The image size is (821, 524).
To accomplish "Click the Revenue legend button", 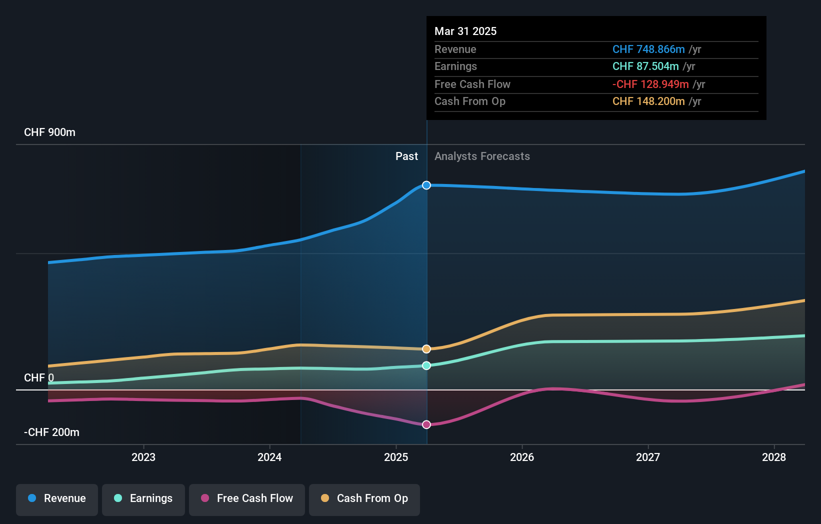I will (x=57, y=498).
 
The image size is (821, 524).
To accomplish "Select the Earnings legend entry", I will (x=143, y=498).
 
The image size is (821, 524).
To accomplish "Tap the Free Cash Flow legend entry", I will (x=247, y=498).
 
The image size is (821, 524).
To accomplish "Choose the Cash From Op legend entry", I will (x=364, y=498).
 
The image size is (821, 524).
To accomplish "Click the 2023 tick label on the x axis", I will (x=143, y=457).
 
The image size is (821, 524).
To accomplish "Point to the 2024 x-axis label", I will (x=269, y=457).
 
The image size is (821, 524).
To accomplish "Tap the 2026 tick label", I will (x=522, y=457).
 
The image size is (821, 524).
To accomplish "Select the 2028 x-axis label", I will (x=774, y=457).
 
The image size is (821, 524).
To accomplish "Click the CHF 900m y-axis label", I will (x=49, y=132).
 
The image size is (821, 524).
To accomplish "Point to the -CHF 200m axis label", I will (x=51, y=432).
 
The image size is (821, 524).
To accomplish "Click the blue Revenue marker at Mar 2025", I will (x=426, y=185).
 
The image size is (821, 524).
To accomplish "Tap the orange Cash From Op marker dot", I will (x=426, y=349).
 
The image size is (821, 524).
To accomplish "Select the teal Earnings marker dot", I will (x=426, y=365).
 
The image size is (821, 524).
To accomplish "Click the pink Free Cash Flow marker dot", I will (x=426, y=424).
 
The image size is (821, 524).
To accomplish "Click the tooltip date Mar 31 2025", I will (x=465, y=31).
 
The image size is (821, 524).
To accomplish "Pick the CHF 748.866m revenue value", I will (x=648, y=49).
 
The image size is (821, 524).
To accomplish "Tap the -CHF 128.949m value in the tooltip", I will (x=650, y=84).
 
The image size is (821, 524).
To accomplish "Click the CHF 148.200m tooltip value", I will (x=648, y=101).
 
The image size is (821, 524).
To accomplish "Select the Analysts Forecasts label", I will (x=482, y=156).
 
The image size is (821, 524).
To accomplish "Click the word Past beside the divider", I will (x=406, y=156).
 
